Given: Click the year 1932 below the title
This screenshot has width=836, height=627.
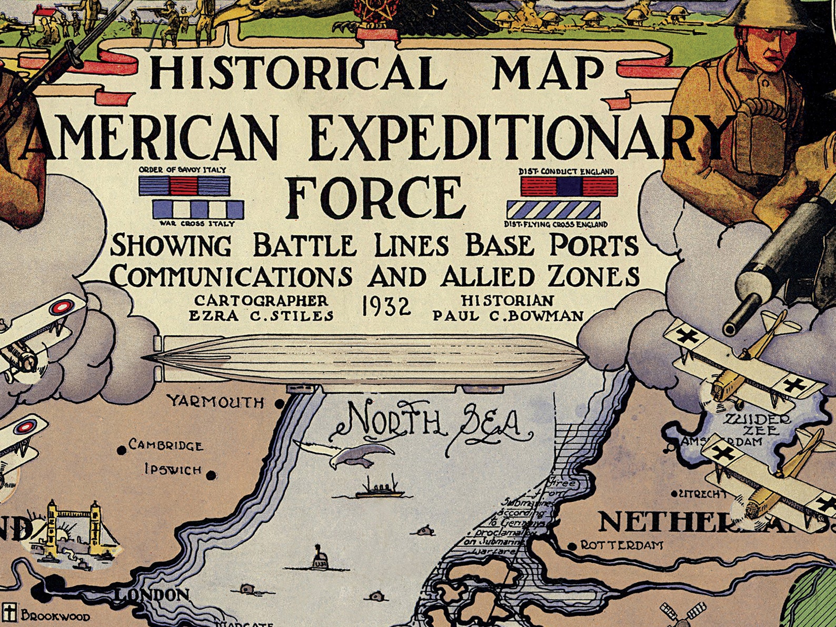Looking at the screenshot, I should pos(386,307).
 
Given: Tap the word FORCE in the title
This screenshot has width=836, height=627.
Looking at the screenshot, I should pos(375,198).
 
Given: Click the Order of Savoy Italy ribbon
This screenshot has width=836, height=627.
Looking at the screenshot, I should pos(184,185).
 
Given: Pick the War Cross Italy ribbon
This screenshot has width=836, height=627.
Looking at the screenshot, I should pos(198,210).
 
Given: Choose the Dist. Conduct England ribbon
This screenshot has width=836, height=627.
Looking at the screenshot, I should pos(569,186).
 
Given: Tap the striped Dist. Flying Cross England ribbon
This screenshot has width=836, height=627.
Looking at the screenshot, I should pos(553,210).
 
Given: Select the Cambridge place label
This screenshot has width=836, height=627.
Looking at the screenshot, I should pos(166,446).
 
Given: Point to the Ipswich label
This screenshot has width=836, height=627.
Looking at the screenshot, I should pos(173,469).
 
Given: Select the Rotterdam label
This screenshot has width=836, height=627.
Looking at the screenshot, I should pos(621,545).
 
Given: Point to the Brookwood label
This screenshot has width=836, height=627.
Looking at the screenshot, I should pos(55,616).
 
